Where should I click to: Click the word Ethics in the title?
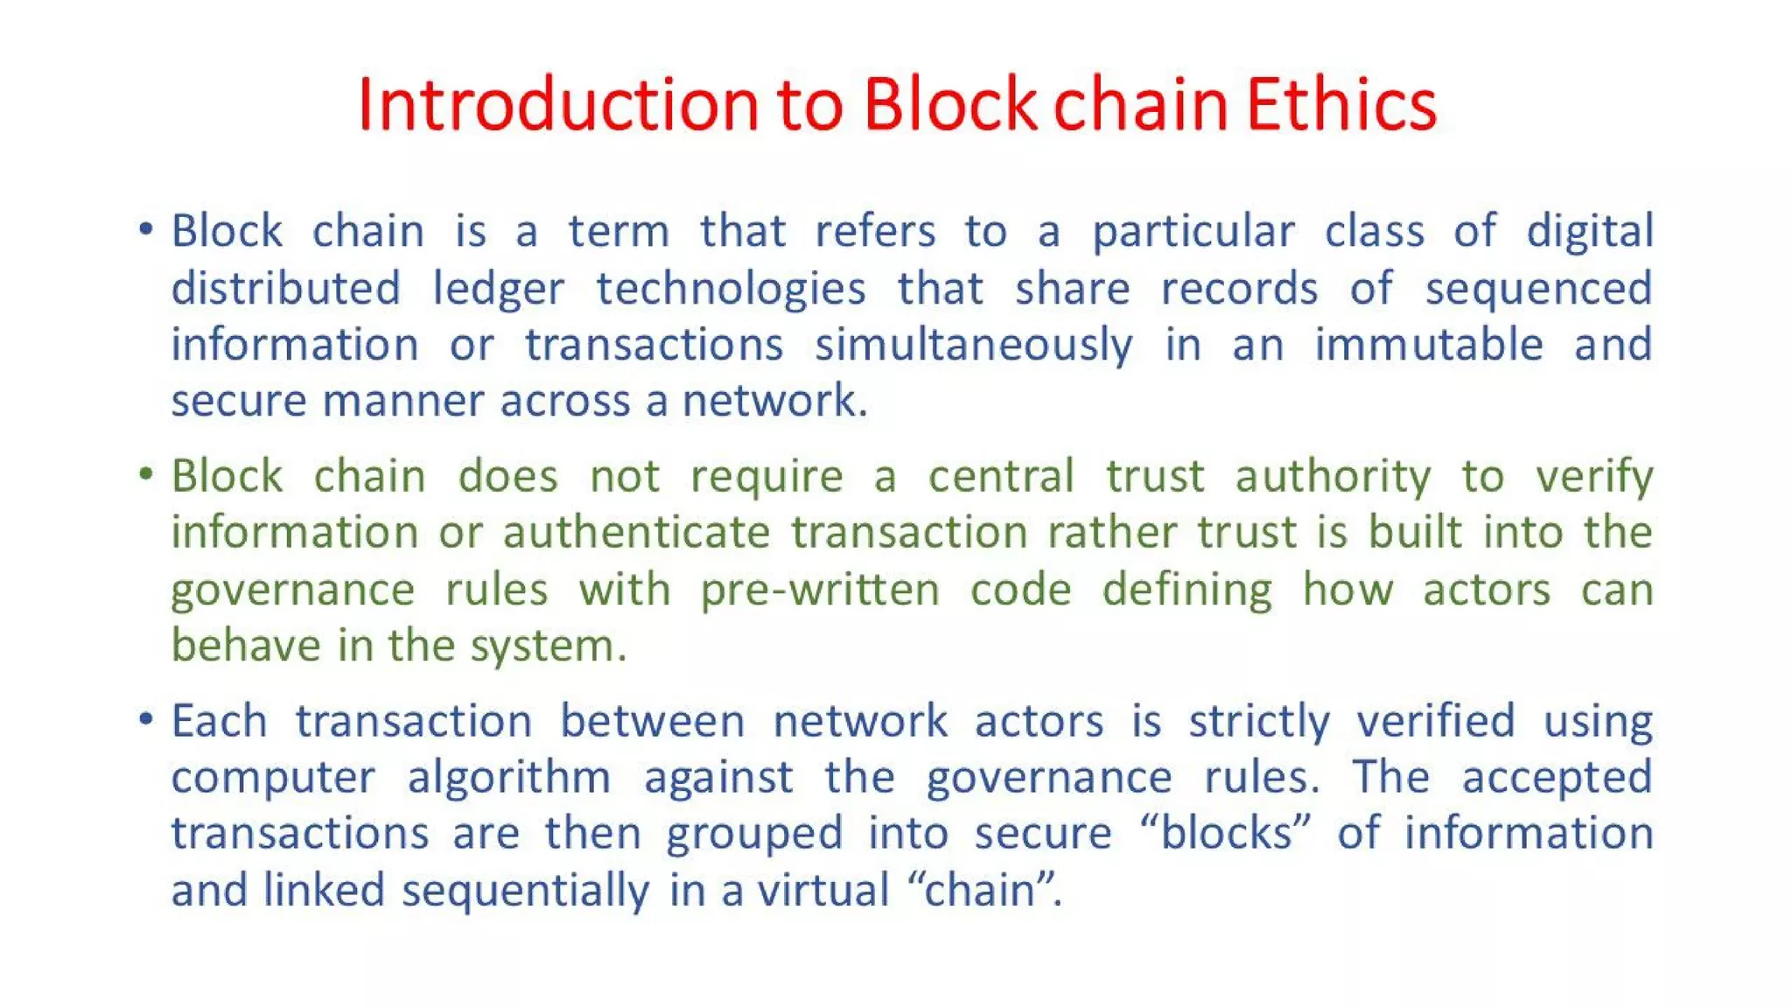tap(1340, 104)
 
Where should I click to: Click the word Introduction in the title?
tap(557, 104)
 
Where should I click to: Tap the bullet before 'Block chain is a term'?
tap(146, 230)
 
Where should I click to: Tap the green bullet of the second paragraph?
tap(146, 475)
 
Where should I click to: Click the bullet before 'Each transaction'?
tap(146, 720)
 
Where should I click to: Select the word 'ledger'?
tap(499, 290)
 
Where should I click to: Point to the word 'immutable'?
tap(1429, 344)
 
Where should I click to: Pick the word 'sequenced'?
tap(1538, 290)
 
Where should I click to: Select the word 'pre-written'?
tap(820, 590)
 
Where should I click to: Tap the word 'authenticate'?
tap(636, 533)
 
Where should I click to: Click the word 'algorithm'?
tap(509, 778)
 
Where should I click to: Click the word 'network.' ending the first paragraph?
tap(774, 401)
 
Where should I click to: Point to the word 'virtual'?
tap(823, 890)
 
